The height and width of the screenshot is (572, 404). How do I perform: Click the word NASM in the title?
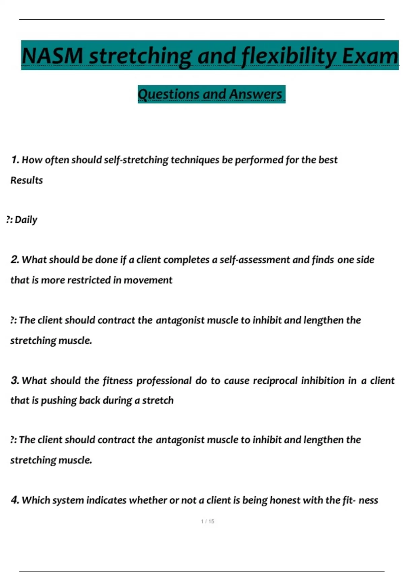(x=52, y=56)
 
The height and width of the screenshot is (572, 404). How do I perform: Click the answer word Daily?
(x=26, y=220)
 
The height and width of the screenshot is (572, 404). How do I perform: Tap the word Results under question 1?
(x=27, y=180)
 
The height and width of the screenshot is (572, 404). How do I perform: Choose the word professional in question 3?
(x=164, y=381)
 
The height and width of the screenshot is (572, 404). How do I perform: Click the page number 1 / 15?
(x=207, y=521)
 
